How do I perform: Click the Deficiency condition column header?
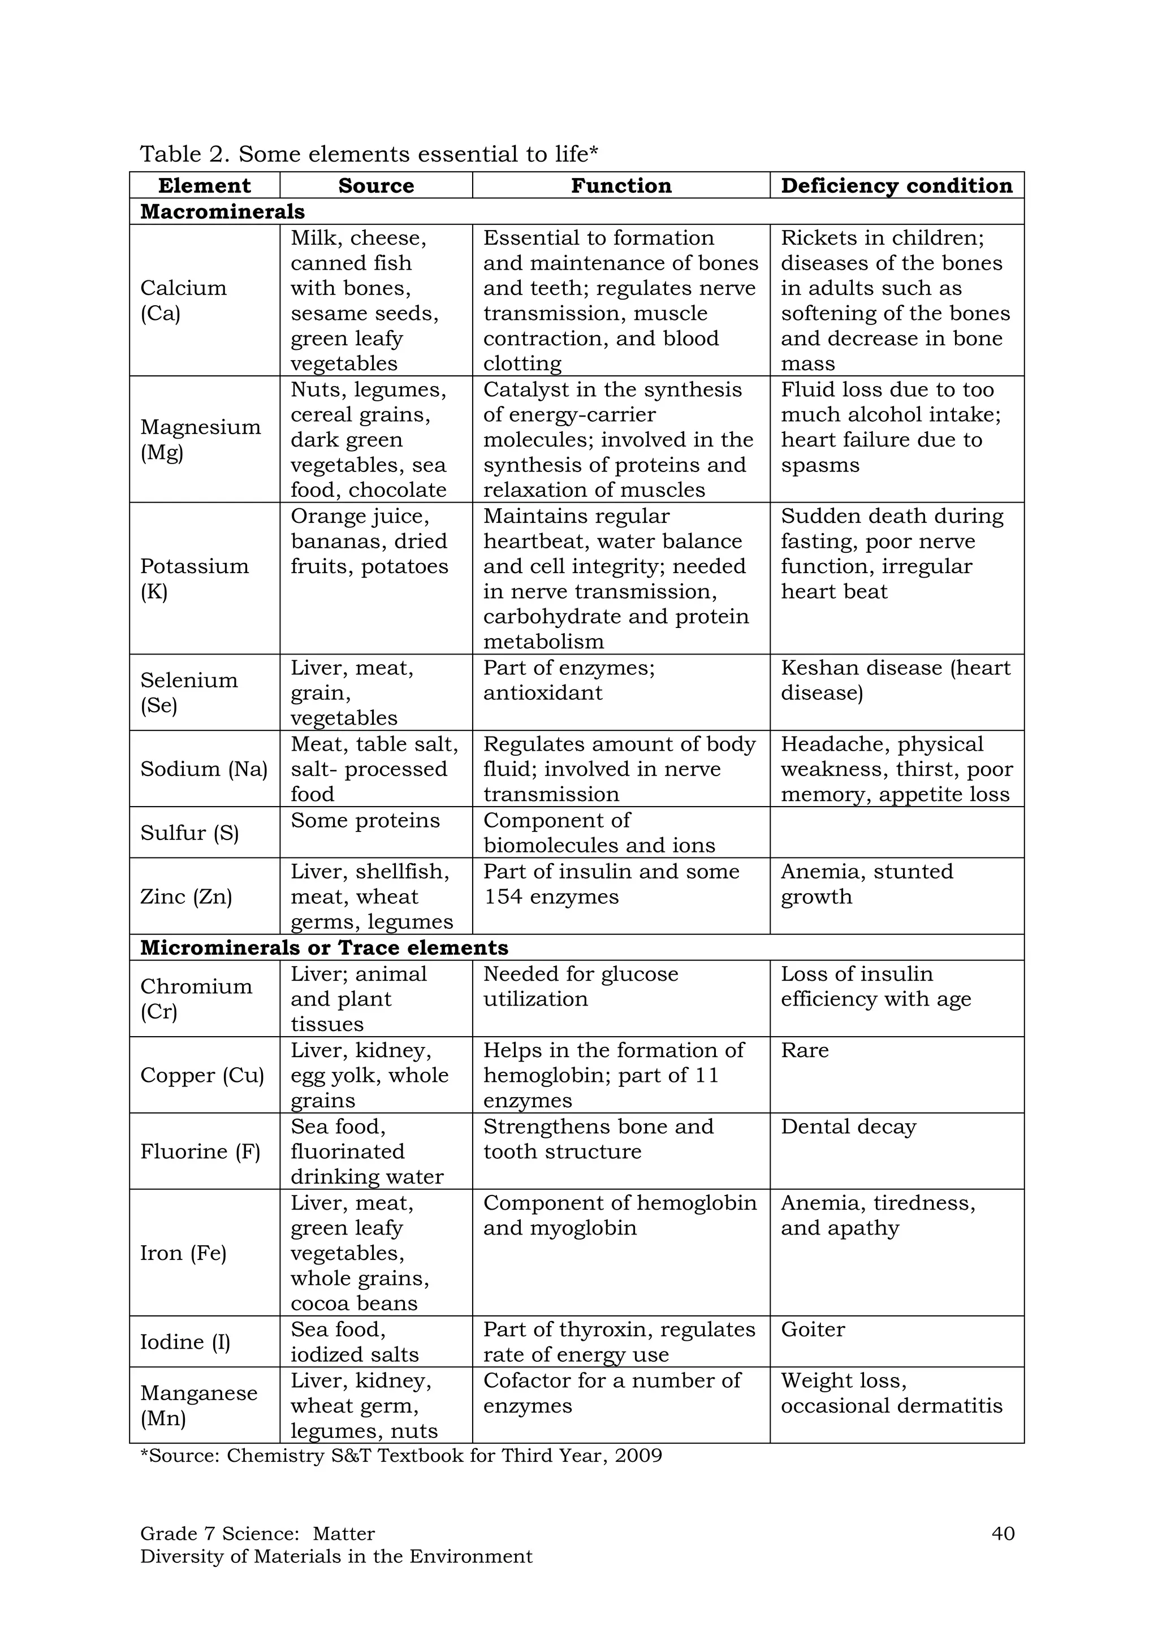pos(896,185)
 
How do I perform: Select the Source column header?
pos(376,185)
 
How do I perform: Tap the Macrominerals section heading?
pos(222,212)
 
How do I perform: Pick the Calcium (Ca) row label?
pos(183,300)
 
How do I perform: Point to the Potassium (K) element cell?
pos(194,578)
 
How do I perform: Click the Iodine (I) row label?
pos(185,1342)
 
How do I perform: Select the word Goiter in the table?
pos(812,1329)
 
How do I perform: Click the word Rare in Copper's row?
pos(805,1050)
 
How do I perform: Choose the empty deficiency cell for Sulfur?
pos(896,832)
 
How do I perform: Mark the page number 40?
pos(1003,1534)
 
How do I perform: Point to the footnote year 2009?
pos(640,1455)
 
